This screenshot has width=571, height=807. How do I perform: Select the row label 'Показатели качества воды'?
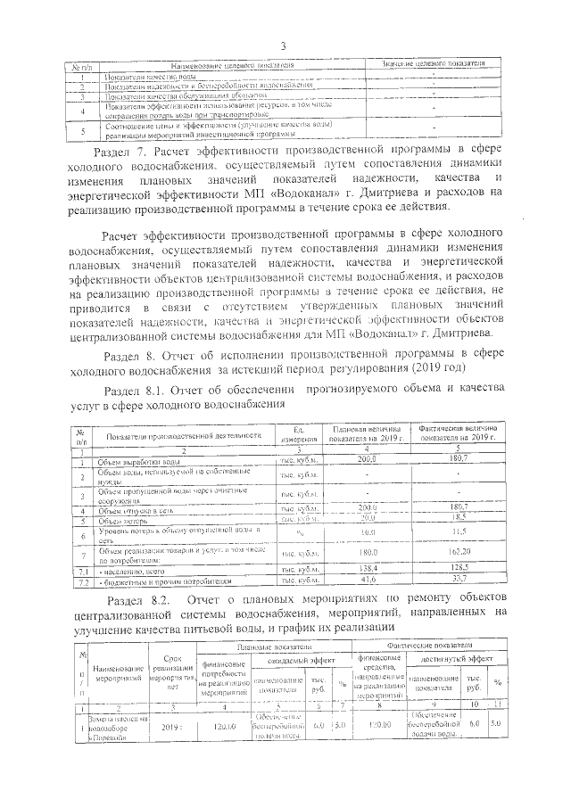click(x=144, y=78)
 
